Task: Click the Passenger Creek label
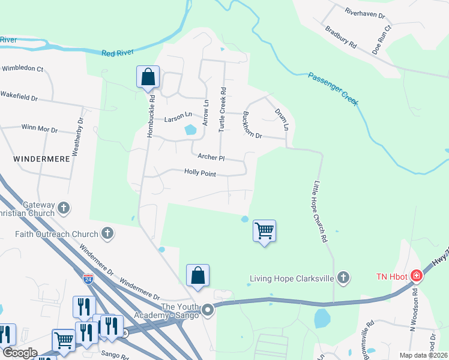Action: tap(333, 89)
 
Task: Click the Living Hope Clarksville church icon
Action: tap(343, 277)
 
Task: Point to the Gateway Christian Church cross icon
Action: tap(64, 209)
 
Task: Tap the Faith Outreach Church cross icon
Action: tap(107, 233)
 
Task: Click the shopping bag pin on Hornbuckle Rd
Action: tap(148, 77)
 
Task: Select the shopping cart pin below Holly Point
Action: tap(264, 231)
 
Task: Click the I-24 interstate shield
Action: tap(88, 279)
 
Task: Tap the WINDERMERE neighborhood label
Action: tap(36, 159)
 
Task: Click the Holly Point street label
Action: tap(200, 173)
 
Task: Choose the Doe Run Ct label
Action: tap(381, 40)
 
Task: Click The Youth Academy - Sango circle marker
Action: tap(208, 310)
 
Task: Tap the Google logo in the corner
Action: tap(19, 353)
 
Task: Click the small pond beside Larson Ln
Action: tap(190, 129)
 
